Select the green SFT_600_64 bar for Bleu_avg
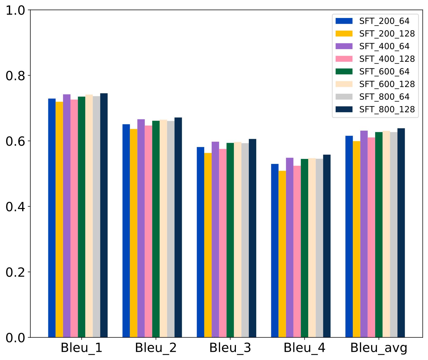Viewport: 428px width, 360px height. pyautogui.click(x=379, y=235)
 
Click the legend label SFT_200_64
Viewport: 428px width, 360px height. pyautogui.click(x=384, y=21)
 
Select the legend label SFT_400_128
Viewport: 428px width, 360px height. pyautogui.click(x=387, y=59)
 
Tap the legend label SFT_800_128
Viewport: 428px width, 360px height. pyautogui.click(x=387, y=109)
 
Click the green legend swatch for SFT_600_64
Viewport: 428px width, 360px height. pyautogui.click(x=344, y=72)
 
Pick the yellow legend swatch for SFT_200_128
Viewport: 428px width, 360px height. pyautogui.click(x=344, y=34)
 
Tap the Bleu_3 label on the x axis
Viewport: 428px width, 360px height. pyautogui.click(x=230, y=348)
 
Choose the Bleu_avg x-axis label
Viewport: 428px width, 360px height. pyautogui.click(x=379, y=348)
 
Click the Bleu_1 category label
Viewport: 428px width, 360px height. pyautogui.click(x=81, y=348)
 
